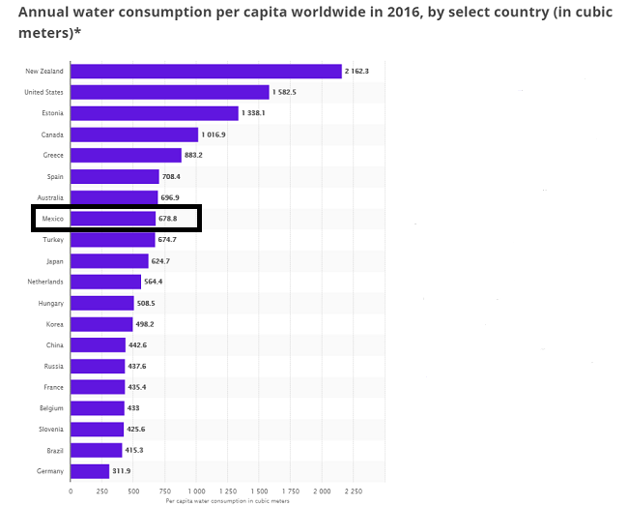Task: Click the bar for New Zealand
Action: point(206,71)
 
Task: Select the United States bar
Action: point(169,92)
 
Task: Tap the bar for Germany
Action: point(90,471)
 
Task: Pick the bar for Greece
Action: point(126,155)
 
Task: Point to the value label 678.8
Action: point(170,219)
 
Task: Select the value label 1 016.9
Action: point(214,134)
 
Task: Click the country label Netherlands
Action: point(45,282)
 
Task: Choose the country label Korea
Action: point(54,324)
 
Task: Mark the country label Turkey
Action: point(52,240)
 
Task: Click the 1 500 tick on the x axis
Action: point(259,492)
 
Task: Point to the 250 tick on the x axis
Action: point(102,492)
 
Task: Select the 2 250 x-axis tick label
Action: point(353,492)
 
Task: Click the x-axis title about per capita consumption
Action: point(228,501)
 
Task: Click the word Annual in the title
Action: point(46,13)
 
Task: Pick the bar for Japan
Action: point(109,260)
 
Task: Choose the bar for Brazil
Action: point(97,450)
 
